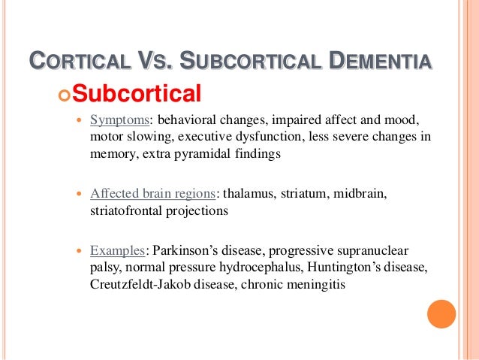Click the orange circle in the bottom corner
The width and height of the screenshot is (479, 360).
click(x=441, y=314)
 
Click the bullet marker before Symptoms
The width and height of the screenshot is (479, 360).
click(x=80, y=121)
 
